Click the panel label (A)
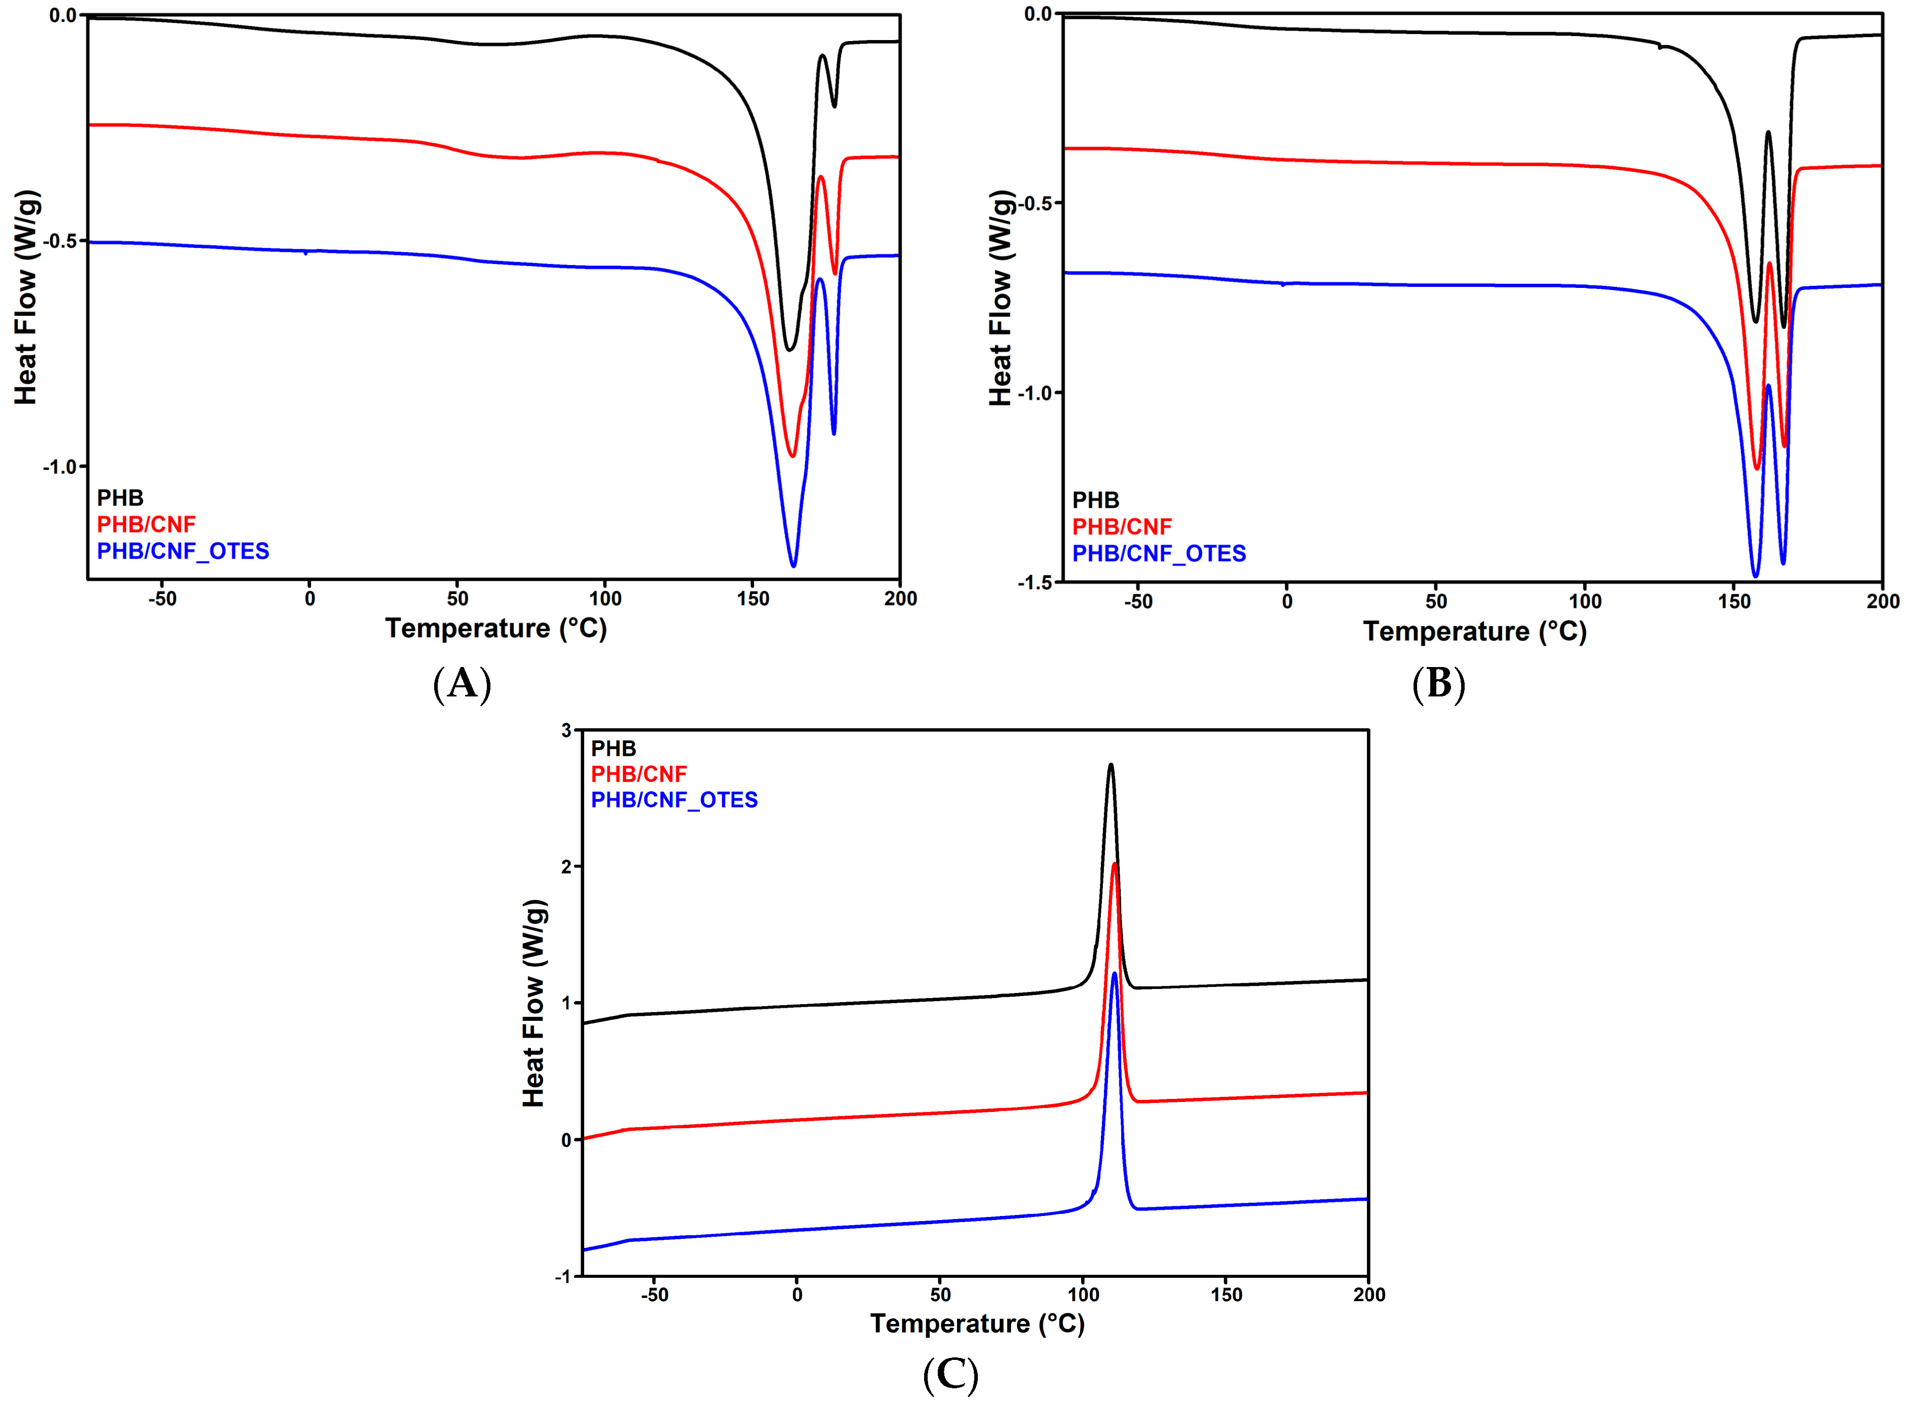[x=462, y=684]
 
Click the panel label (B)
[x=1438, y=684]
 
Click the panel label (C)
[x=950, y=1375]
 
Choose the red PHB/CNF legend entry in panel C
[x=638, y=773]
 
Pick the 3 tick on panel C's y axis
[x=565, y=729]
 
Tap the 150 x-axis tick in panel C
[x=1226, y=1295]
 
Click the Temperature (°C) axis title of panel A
[x=495, y=629]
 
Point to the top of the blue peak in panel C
[x=1114, y=973]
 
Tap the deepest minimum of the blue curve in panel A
[x=793, y=566]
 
